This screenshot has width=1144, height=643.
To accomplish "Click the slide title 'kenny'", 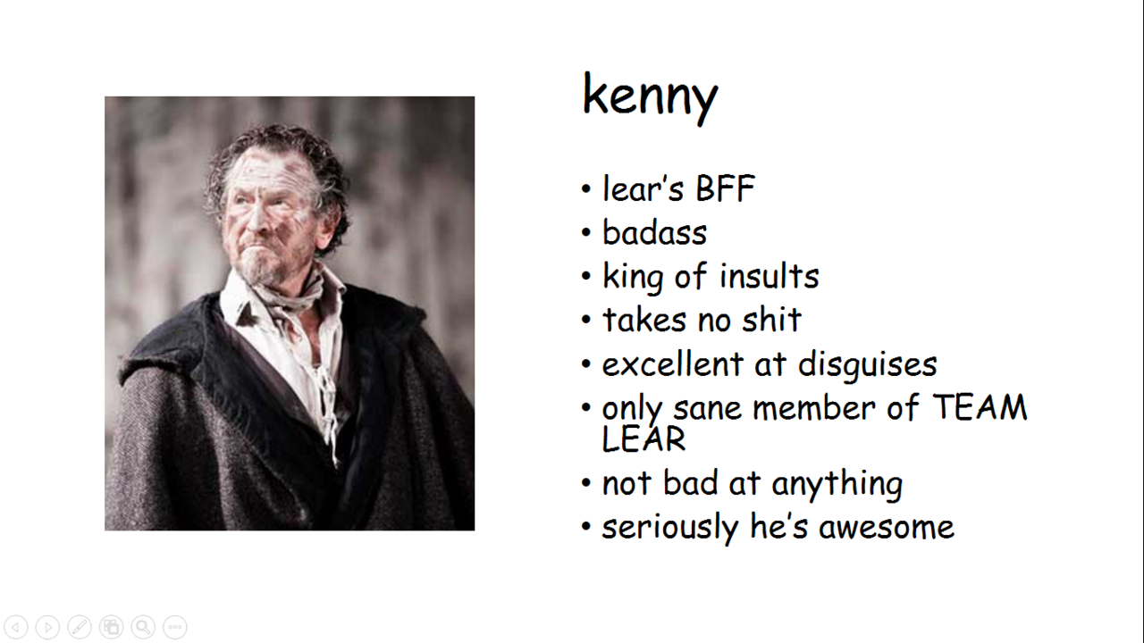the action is coord(650,97).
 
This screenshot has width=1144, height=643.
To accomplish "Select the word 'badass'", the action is coord(655,233).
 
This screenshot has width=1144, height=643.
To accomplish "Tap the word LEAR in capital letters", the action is coord(643,438).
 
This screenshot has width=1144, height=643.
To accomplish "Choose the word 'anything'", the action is coord(837,484).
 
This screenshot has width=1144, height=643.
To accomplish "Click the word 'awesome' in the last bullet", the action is coord(887,528).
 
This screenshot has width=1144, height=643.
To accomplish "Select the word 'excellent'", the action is coord(673,363).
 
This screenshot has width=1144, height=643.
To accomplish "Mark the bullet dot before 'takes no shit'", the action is coord(585,320).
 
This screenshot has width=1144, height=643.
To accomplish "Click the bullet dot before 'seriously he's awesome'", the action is coord(585,526).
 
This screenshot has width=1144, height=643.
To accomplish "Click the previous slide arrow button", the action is coord(16,627).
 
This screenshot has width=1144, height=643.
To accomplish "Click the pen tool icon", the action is coord(80,627).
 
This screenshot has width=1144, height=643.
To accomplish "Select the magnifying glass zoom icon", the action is coord(143,627).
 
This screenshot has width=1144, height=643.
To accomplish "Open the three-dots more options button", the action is coord(175,627).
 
